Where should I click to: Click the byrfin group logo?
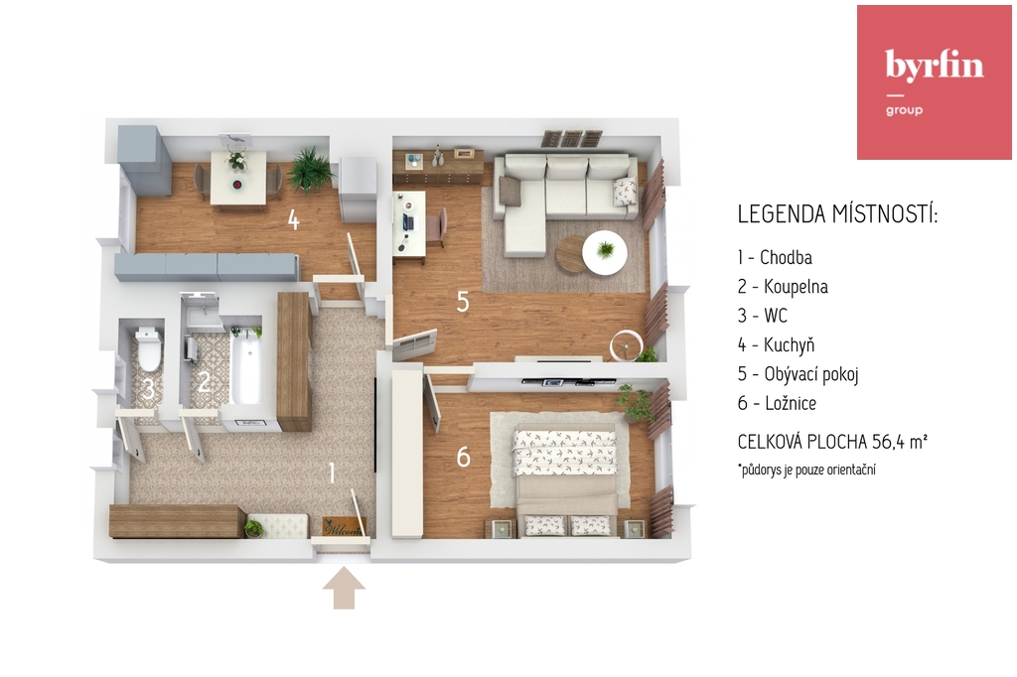pos(934,82)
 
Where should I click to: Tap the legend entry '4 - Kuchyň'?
pos(776,345)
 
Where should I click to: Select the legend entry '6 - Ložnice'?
pos(777,403)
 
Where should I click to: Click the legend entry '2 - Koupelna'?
pos(783,287)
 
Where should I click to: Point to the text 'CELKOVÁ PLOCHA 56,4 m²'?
pos(832,442)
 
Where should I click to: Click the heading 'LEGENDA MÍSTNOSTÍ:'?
pos(837,214)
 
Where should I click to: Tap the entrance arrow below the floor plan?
pos(344,589)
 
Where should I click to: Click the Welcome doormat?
pos(343,526)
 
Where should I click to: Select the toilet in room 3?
pos(149,349)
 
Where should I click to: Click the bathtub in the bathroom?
pos(246,365)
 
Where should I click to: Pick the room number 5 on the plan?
pos(463,302)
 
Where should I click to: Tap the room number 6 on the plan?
pos(463,458)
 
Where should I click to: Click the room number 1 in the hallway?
pos(332,473)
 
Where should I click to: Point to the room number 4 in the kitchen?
pos(294,219)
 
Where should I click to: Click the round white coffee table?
pos(605,252)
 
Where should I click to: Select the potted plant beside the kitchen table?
pos(311,170)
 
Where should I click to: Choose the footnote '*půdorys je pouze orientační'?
pos(806,470)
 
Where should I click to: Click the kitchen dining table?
pos(238,178)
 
